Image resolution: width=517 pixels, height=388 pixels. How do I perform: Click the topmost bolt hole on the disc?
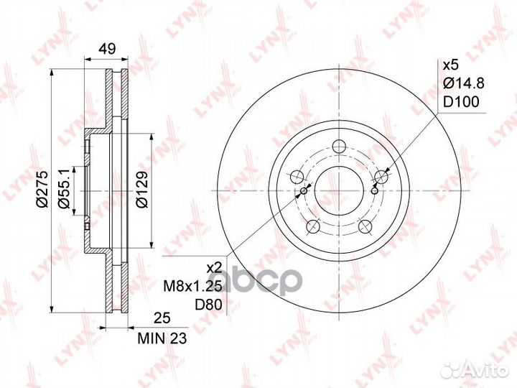click(339, 144)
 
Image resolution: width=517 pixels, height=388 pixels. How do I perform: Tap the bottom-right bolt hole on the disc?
click(365, 226)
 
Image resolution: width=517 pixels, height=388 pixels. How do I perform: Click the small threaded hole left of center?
click(304, 190)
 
